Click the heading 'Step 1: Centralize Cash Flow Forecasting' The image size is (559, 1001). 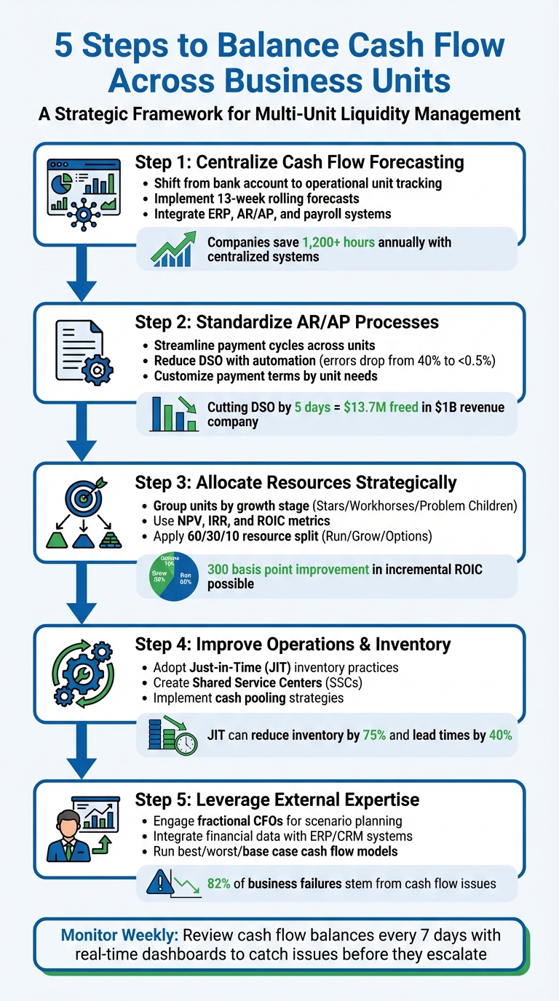(x=300, y=161)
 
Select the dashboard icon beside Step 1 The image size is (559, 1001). (x=83, y=193)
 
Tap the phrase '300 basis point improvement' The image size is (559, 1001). (x=288, y=570)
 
